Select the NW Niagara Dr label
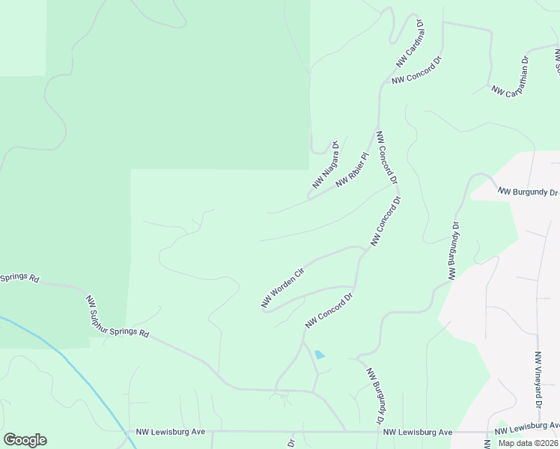pos(326,165)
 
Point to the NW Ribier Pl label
pos(353,170)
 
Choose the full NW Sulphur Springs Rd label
pos(118,317)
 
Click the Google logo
pos(25,439)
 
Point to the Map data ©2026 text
pos(528,443)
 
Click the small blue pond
pos(320,354)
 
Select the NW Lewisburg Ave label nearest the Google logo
pos(171,432)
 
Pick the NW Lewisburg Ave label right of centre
pos(418,433)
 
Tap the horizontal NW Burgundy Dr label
pos(529,192)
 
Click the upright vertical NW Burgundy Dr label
pos(454,251)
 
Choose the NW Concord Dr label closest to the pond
pos(329,311)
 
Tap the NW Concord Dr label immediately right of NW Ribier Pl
pos(386,158)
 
